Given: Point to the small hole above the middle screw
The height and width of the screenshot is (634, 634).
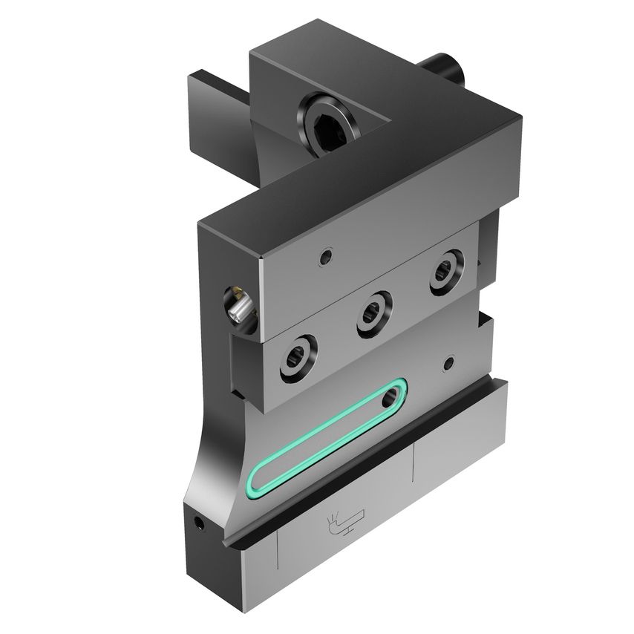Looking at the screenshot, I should [324, 258].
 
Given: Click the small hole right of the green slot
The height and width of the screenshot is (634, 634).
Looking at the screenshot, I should [448, 364].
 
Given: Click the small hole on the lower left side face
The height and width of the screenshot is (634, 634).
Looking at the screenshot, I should [198, 523].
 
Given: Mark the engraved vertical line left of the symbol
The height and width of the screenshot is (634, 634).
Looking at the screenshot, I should [277, 552].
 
